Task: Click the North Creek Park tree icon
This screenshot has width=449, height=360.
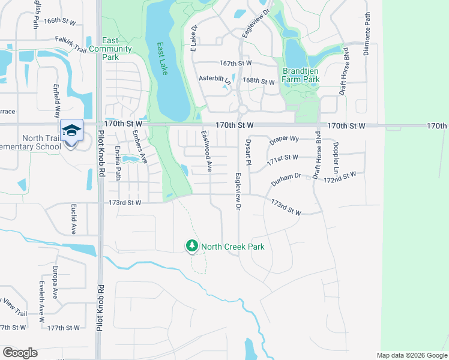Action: click(191, 246)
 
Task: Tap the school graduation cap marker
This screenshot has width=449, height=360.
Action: click(71, 130)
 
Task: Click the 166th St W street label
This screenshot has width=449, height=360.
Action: click(59, 21)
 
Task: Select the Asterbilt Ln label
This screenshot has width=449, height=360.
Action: click(214, 79)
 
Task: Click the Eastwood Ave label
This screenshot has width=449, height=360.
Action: click(206, 152)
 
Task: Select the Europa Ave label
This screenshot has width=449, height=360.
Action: click(55, 277)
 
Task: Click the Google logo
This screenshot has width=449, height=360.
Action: click(20, 353)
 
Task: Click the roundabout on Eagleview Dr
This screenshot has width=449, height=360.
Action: click(242, 109)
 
